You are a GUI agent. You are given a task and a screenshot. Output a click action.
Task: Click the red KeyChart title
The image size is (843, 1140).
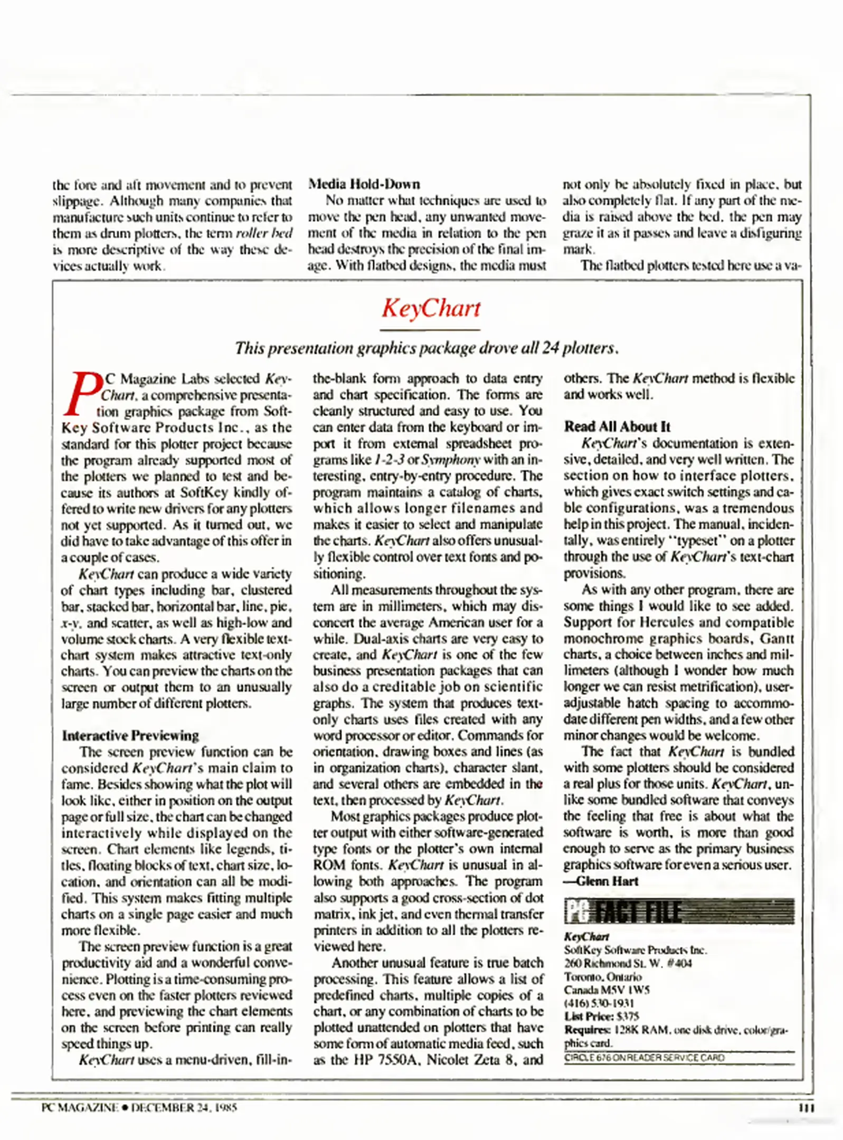pyautogui.click(x=431, y=308)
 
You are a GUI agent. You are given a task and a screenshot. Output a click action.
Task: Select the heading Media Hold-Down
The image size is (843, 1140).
pyautogui.click(x=364, y=184)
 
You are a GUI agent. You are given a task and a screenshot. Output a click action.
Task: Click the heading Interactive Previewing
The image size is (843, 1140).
pyautogui.click(x=130, y=735)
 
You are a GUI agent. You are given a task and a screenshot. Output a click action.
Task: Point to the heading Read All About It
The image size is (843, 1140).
pyautogui.click(x=617, y=426)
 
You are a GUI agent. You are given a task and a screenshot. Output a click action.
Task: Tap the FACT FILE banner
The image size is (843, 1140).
pyautogui.click(x=679, y=911)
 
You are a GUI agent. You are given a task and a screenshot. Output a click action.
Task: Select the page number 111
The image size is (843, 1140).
pyautogui.click(x=806, y=1107)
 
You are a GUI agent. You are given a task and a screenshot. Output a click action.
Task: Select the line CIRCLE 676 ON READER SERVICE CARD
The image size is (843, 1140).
pyautogui.click(x=644, y=1058)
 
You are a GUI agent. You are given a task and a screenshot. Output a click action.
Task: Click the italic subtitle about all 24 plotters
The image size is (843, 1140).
pyautogui.click(x=427, y=348)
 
